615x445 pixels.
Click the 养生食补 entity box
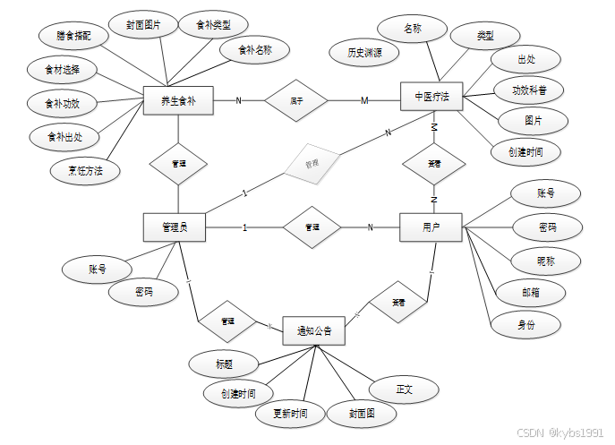pos(179,100)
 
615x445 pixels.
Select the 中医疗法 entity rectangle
pos(431,96)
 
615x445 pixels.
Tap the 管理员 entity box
pos(174,227)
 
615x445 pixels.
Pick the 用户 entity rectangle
pos(431,227)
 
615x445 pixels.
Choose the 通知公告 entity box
pos(314,330)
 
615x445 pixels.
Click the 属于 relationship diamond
pos(296,100)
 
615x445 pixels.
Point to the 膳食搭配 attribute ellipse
pos(73,36)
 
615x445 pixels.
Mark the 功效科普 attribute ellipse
pos(530,90)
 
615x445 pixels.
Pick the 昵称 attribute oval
pos(545,261)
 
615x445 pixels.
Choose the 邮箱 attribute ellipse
pos(529,292)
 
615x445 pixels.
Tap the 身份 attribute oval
pos(526,325)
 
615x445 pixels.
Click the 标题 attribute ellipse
pos(224,364)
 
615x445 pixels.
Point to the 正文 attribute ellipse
pos(405,389)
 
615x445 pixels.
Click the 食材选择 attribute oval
pos(62,69)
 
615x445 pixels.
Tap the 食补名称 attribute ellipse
pos(255,51)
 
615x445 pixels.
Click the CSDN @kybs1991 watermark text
pos(561,432)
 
